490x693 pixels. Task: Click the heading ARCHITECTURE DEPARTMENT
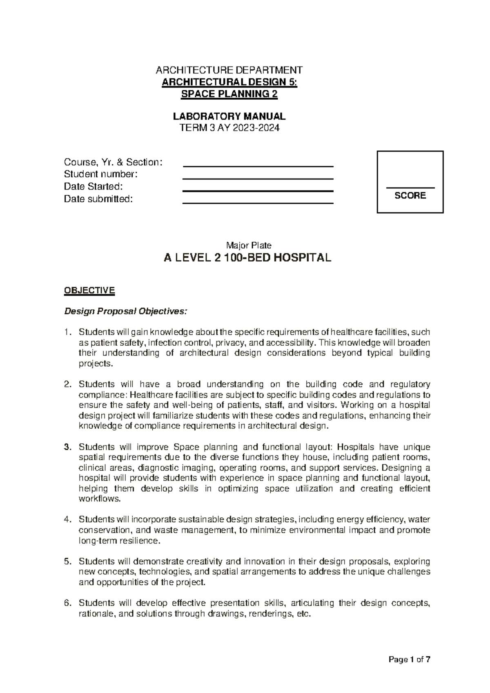229,70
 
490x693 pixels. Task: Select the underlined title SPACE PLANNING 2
229,94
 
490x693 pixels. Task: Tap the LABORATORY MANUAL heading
229,116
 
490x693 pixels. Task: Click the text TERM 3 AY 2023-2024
229,128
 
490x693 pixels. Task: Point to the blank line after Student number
258,178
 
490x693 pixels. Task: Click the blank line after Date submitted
258,203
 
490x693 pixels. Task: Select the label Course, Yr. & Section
113,162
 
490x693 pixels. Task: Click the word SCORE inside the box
410,196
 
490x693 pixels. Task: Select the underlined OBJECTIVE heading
89,291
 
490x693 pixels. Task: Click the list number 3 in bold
68,447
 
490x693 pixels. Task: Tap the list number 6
68,603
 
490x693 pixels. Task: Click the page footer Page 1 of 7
410,659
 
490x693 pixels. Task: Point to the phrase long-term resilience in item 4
118,541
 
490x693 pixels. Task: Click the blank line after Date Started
258,190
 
